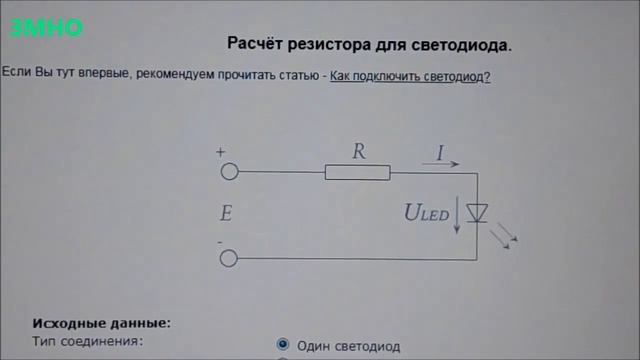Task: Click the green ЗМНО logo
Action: click(x=45, y=29)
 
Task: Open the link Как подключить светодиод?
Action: click(x=410, y=76)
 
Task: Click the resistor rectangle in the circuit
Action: click(x=357, y=173)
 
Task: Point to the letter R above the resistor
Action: click(x=359, y=152)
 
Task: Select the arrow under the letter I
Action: click(x=440, y=165)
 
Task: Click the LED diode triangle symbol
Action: click(x=478, y=213)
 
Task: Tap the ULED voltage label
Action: click(x=426, y=212)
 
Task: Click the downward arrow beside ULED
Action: click(x=457, y=215)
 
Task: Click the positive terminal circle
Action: click(x=229, y=172)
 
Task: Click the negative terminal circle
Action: click(x=229, y=260)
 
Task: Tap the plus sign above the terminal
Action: click(x=220, y=153)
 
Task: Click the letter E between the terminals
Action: click(x=226, y=213)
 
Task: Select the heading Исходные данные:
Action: click(x=101, y=323)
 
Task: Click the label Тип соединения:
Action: click(x=88, y=341)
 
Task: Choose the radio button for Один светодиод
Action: click(x=283, y=345)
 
